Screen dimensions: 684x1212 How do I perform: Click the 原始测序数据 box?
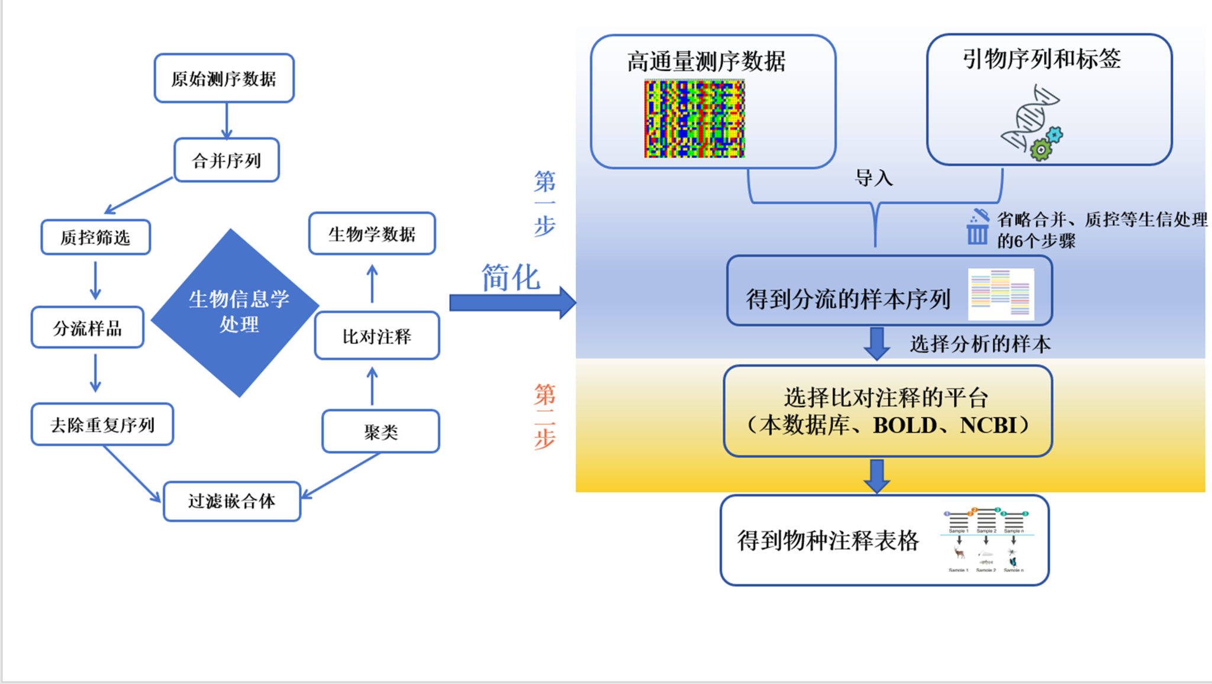(x=224, y=78)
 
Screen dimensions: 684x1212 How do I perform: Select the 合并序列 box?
(x=226, y=160)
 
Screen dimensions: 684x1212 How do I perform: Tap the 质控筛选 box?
(x=95, y=237)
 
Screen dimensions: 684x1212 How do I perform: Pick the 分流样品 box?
(x=88, y=327)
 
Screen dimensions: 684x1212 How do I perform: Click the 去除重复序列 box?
(x=102, y=424)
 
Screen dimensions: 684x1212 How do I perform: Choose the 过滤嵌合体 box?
(x=231, y=501)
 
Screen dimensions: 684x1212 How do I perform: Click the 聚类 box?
(x=381, y=431)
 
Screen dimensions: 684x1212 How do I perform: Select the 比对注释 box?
(x=376, y=336)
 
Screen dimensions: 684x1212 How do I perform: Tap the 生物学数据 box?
(x=372, y=234)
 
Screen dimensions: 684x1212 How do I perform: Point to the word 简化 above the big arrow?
(x=510, y=277)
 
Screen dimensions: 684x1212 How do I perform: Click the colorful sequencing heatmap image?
(x=694, y=119)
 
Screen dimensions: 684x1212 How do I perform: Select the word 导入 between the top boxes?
(x=873, y=178)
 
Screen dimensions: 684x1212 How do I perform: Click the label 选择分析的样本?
(x=980, y=344)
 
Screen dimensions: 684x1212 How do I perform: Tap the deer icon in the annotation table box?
(x=959, y=553)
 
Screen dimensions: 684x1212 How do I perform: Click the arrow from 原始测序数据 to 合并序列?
(x=227, y=121)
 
